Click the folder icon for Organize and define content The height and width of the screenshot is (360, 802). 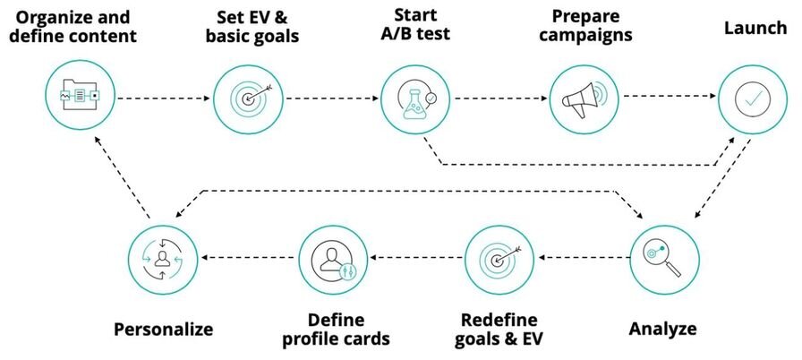[x=80, y=95]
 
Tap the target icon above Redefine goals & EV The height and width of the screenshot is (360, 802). [x=499, y=260]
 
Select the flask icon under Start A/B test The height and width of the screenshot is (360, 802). [x=415, y=99]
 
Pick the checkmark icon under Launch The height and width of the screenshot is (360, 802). [x=752, y=99]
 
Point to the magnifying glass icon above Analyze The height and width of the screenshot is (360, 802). [x=663, y=260]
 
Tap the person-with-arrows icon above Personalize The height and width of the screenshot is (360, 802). [x=163, y=260]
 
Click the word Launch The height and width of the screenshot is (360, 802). [x=755, y=28]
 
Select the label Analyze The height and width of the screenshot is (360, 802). [x=662, y=329]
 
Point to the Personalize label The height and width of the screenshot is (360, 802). [x=163, y=329]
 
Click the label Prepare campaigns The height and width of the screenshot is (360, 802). [x=585, y=26]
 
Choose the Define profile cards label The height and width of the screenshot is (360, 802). [x=336, y=330]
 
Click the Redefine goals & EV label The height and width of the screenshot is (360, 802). [x=499, y=330]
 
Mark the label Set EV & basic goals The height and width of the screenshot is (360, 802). [x=252, y=27]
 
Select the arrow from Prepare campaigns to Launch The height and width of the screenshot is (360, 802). [x=670, y=96]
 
